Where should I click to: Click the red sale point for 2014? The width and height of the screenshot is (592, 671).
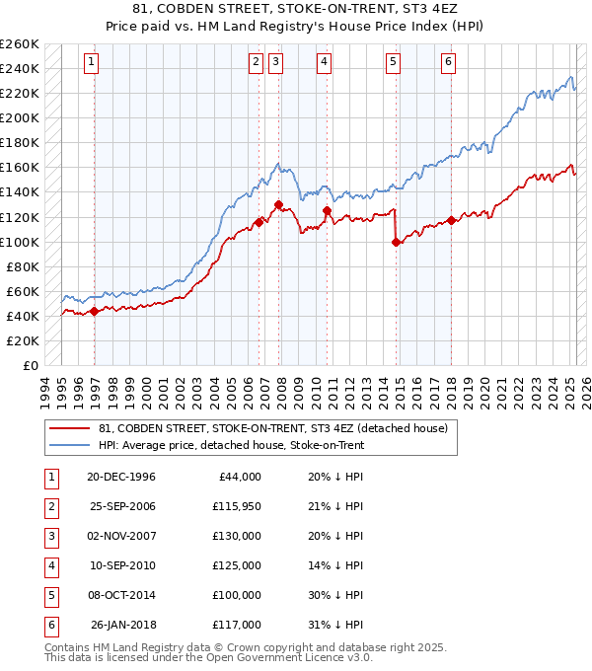pyautogui.click(x=396, y=242)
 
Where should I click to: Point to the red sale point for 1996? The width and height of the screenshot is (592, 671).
pyautogui.click(x=95, y=311)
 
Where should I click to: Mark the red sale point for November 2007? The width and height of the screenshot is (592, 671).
pyautogui.click(x=278, y=204)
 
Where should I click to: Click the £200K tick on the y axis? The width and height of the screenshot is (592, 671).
pyautogui.click(x=21, y=117)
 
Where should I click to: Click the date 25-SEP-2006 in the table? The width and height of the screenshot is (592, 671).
pyautogui.click(x=121, y=506)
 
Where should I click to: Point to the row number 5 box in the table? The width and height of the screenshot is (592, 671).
pyautogui.click(x=49, y=595)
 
